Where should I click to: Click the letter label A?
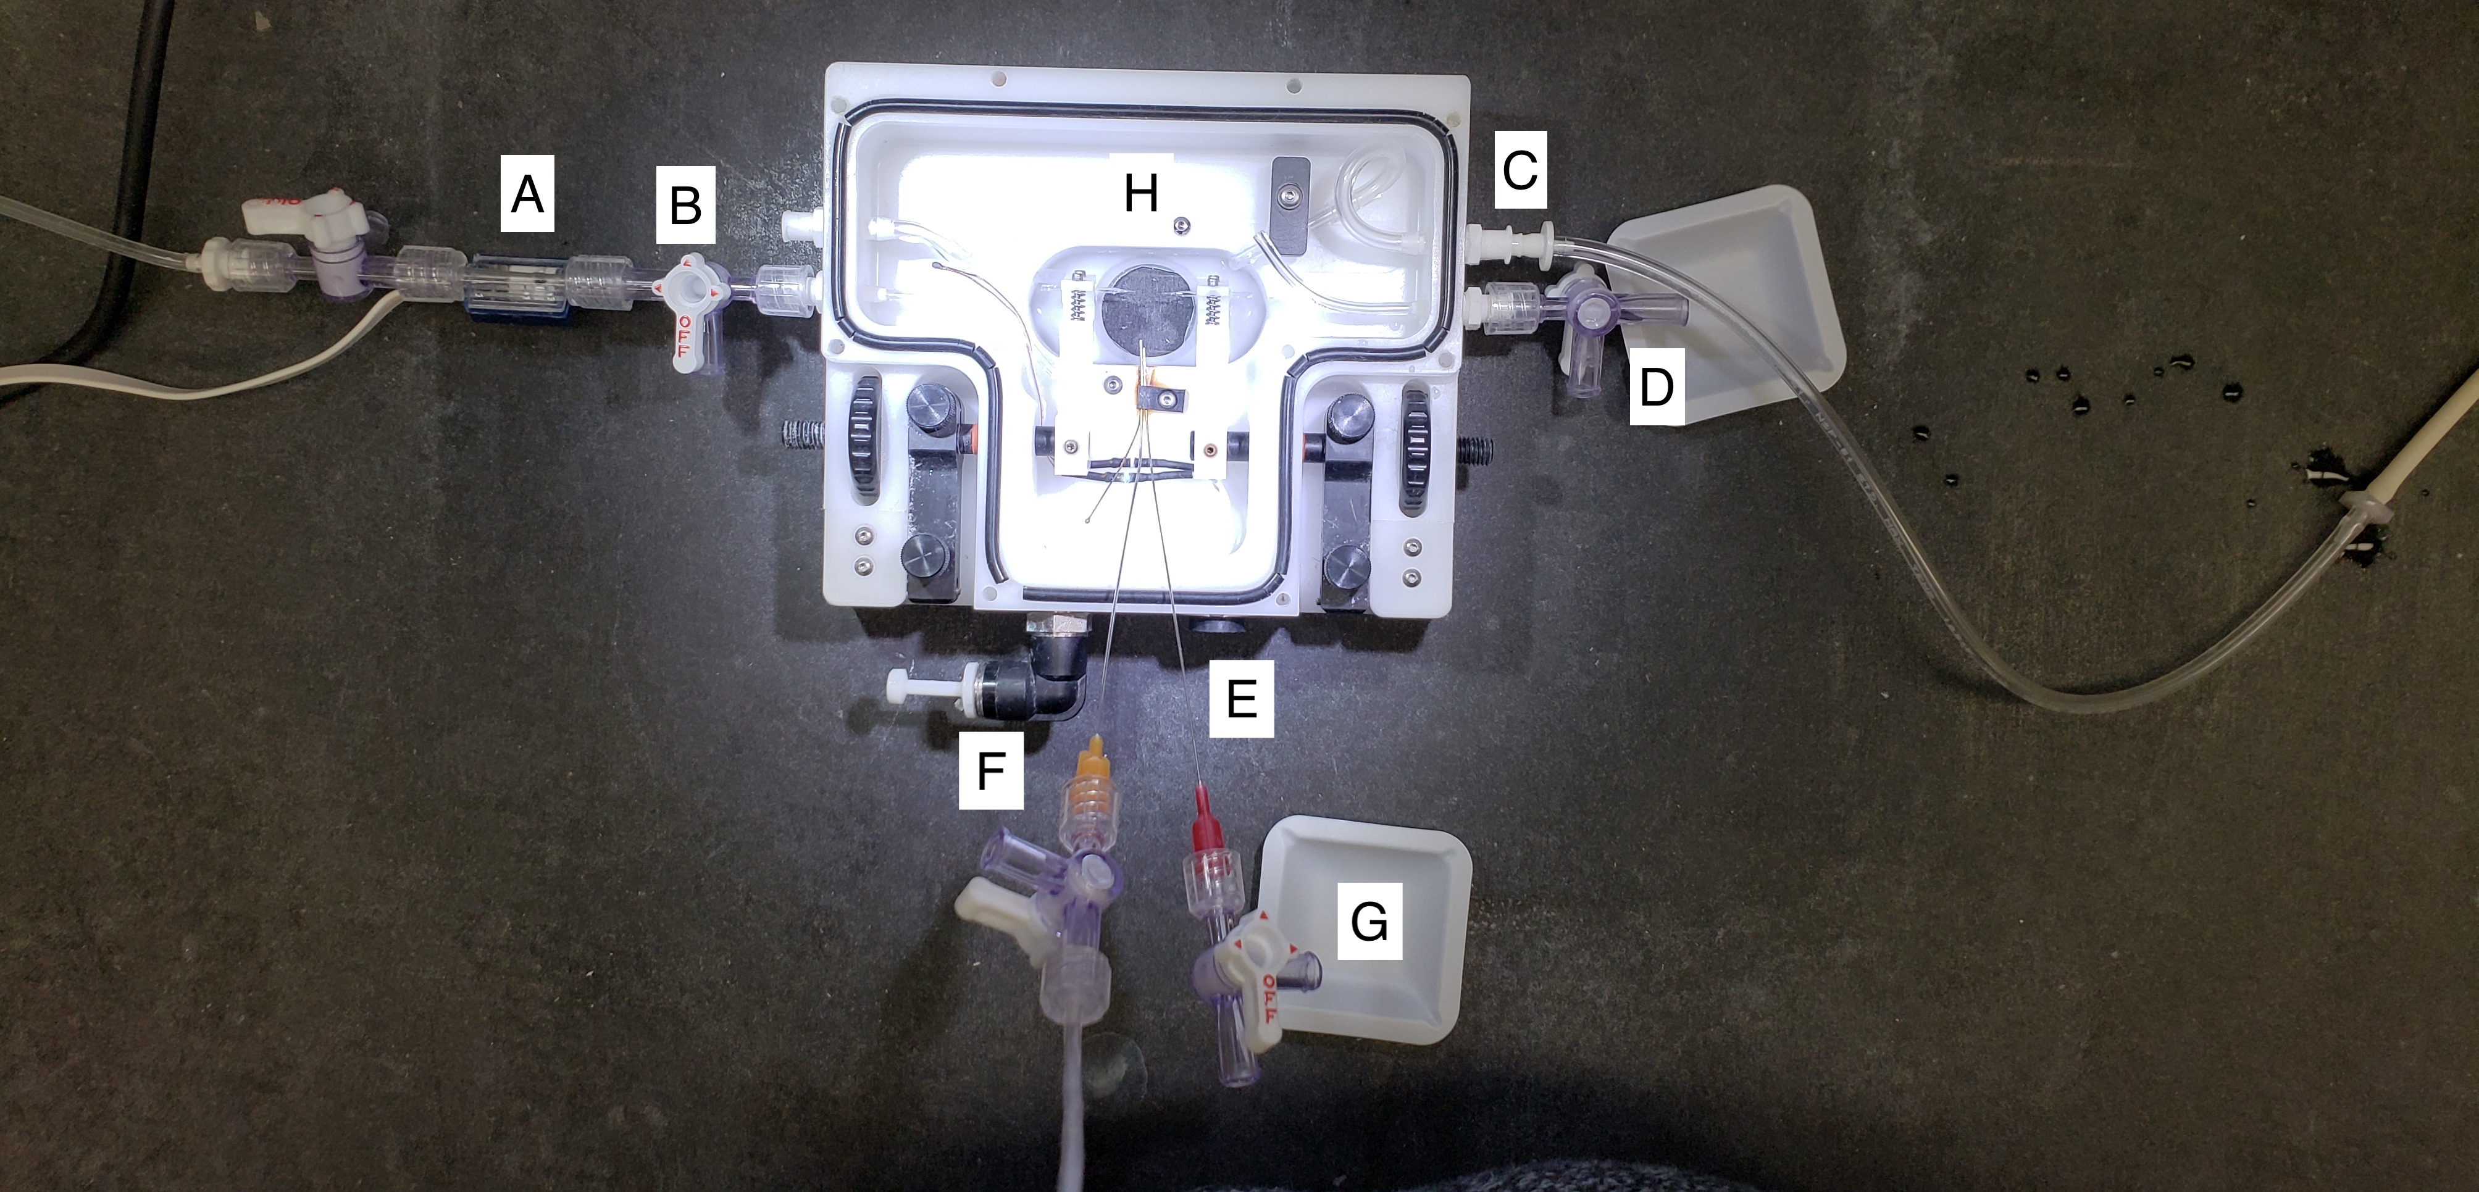tap(527, 196)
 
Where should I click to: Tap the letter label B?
tap(685, 207)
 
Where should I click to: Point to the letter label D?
tap(1656, 390)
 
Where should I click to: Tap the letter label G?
tap(1369, 923)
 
